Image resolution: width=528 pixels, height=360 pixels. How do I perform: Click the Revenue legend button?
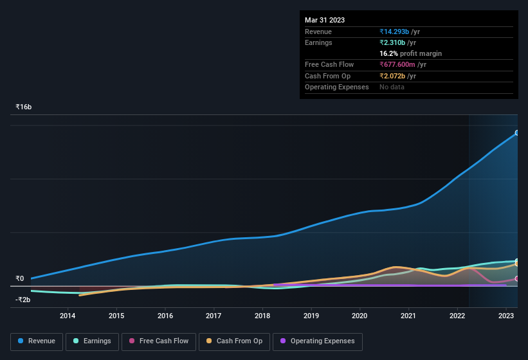37,341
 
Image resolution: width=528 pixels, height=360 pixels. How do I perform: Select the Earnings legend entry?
92,341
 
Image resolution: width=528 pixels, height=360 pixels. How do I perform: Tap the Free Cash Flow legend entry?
158,341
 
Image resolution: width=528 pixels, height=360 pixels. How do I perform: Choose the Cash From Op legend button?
234,341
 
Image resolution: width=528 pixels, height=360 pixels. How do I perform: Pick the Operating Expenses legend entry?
317,341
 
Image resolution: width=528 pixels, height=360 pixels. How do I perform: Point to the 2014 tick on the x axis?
68,316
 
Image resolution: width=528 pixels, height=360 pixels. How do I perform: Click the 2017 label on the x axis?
214,316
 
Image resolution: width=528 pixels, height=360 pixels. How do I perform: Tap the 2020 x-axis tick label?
360,316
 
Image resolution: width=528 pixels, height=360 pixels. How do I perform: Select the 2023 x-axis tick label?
506,316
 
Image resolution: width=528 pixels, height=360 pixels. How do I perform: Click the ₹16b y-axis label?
24,107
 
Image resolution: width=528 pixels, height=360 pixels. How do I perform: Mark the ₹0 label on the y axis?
20,279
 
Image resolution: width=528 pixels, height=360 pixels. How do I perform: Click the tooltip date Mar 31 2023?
325,20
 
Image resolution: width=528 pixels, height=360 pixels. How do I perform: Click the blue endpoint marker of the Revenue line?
517,133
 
